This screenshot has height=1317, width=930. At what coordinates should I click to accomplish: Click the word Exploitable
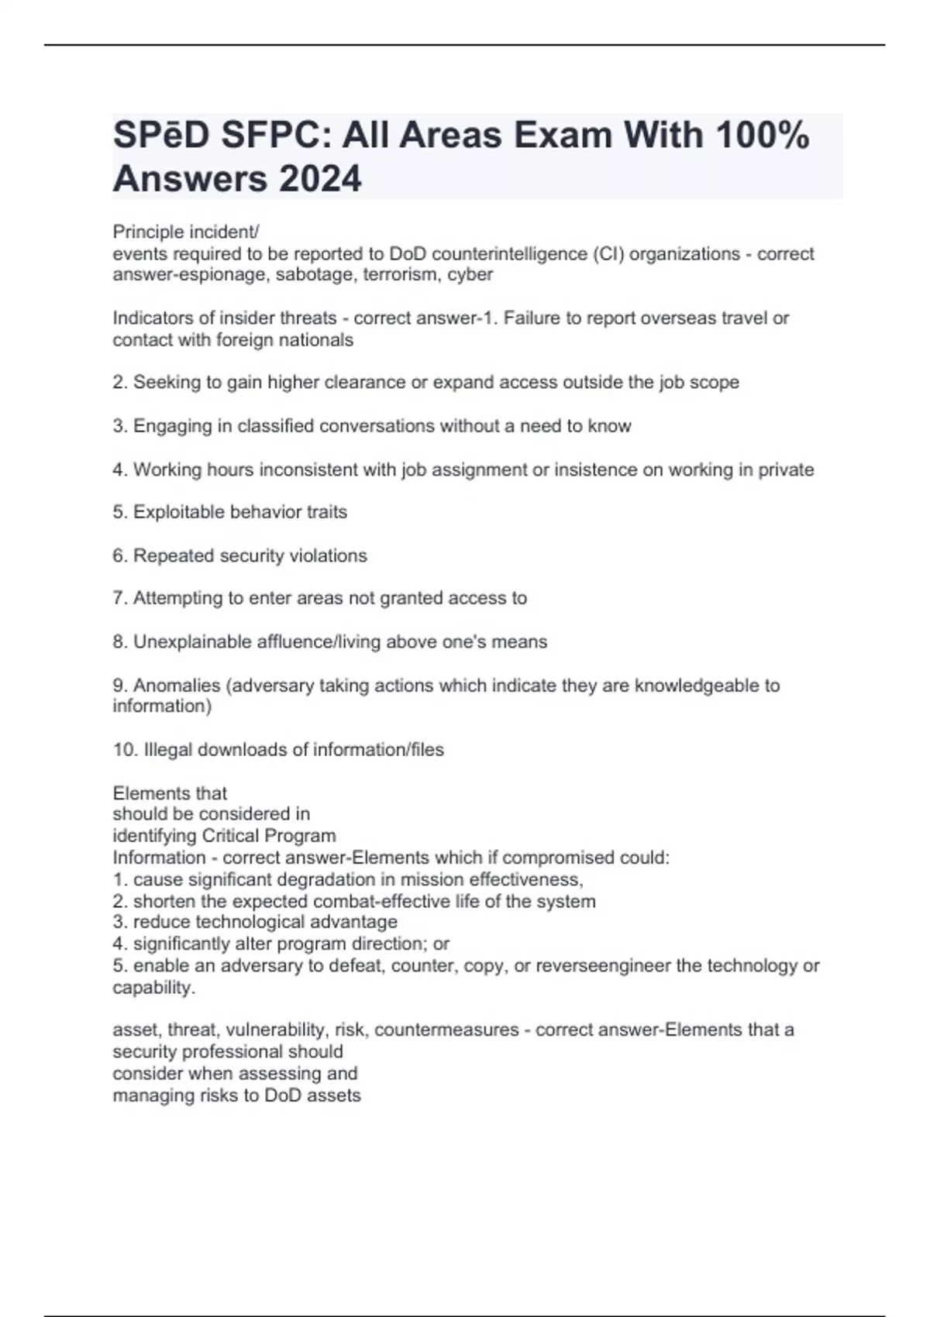[x=181, y=512]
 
